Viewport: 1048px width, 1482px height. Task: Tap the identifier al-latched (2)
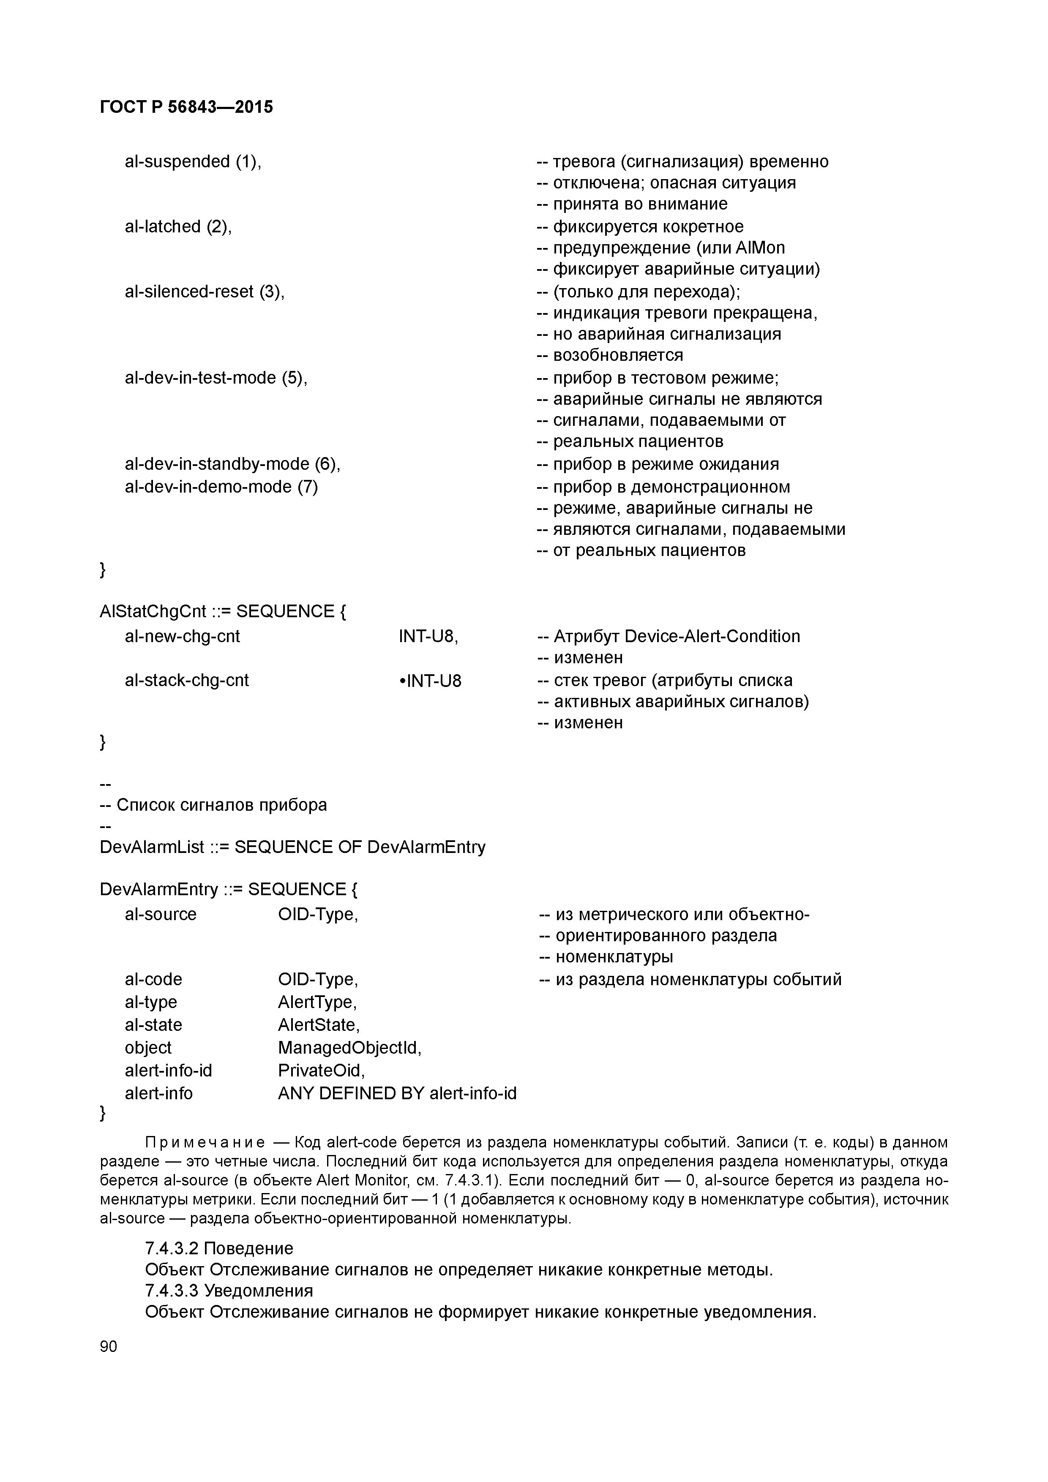pos(178,226)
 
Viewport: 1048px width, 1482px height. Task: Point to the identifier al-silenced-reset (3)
pos(204,292)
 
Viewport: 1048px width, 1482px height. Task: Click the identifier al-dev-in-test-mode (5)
pos(216,378)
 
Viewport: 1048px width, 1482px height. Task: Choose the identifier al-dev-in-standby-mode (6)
pos(232,464)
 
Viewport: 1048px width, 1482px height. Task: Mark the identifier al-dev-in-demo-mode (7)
pos(221,487)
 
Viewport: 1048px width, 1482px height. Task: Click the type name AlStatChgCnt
pos(153,611)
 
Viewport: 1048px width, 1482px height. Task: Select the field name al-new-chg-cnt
pos(182,636)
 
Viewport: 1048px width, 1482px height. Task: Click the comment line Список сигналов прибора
pos(221,805)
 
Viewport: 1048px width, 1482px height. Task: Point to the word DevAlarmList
pos(152,847)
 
